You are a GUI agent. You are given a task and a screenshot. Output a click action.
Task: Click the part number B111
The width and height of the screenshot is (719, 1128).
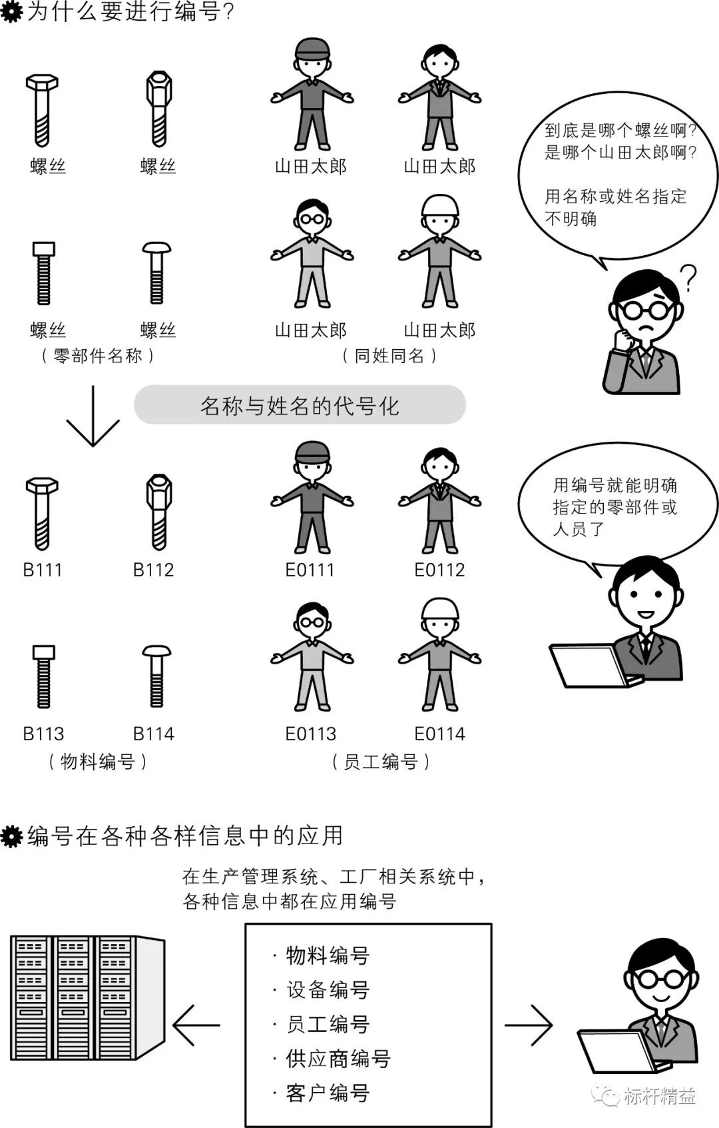coord(43,570)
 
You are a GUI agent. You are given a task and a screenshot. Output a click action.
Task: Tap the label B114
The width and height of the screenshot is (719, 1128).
coord(153,734)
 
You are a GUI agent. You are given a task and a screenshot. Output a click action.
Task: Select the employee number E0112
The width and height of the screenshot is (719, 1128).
coord(439,570)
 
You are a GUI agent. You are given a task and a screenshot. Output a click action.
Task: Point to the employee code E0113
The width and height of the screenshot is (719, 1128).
coord(310,734)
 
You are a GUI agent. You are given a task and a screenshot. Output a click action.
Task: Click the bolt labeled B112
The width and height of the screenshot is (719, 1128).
coord(158,511)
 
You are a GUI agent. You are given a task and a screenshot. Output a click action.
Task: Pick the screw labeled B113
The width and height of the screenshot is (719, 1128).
coord(44,676)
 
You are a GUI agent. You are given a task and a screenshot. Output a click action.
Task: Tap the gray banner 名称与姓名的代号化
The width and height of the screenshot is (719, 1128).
coord(300,405)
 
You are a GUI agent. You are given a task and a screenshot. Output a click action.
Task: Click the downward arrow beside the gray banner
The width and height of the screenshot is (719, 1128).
coord(93,416)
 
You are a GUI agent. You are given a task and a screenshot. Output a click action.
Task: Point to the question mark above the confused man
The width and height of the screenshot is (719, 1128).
coord(688,278)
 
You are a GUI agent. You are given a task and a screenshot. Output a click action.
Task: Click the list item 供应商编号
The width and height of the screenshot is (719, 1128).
coord(338,1059)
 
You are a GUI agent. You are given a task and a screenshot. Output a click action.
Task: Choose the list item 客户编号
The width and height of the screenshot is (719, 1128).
coord(328,1093)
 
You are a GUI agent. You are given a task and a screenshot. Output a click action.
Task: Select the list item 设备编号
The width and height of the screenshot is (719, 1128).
coord(328,990)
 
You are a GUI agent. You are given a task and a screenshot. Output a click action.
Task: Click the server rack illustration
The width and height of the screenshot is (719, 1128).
coord(87,997)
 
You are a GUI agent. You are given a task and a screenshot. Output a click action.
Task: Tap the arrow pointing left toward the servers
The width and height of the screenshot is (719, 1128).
coord(196,1025)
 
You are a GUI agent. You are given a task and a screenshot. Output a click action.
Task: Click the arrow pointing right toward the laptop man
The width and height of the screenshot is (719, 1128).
coord(529,1025)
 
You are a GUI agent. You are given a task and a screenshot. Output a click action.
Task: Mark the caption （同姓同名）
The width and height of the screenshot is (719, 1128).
coord(389,356)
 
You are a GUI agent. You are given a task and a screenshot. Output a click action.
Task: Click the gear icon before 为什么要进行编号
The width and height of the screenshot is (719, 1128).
coord(11,13)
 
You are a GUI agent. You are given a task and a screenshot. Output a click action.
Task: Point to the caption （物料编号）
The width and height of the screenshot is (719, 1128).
coord(98,762)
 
